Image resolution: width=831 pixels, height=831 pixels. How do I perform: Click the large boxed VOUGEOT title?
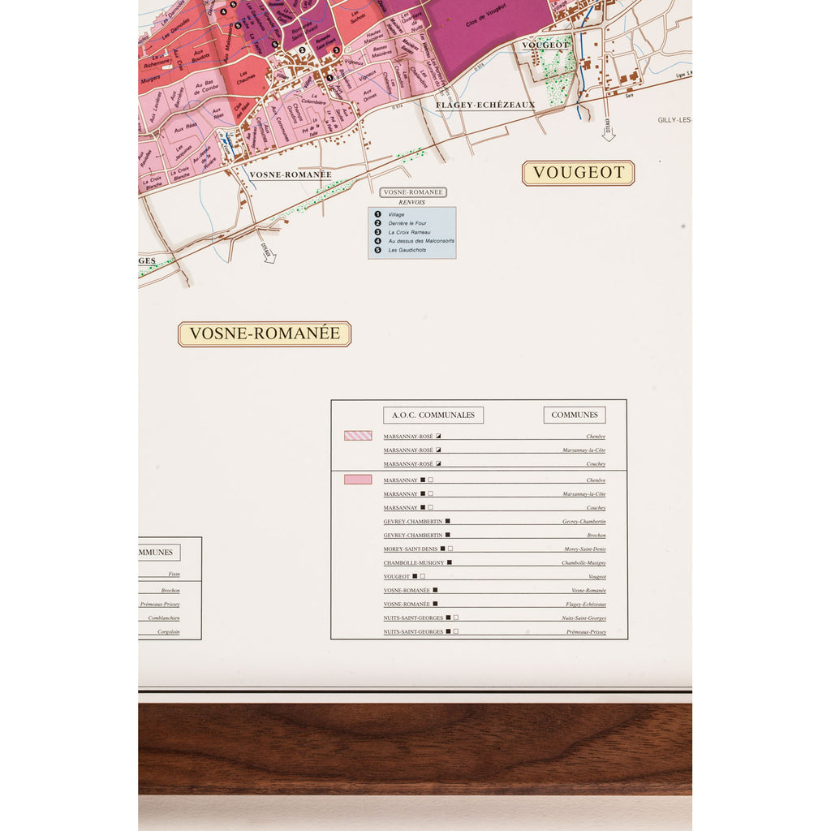[x=578, y=173]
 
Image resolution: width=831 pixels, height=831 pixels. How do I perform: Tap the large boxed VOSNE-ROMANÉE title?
[x=265, y=334]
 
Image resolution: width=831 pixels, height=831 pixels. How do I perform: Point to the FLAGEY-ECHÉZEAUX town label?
[x=485, y=105]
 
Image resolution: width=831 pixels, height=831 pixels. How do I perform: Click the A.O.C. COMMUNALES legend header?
[x=433, y=415]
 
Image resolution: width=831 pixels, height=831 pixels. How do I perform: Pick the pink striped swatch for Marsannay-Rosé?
[x=358, y=436]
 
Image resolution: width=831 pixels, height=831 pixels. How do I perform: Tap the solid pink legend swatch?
[x=358, y=480]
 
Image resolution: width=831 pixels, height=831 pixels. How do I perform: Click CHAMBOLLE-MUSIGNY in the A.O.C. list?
[x=414, y=562]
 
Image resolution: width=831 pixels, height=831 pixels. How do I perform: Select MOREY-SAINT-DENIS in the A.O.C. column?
[x=411, y=549]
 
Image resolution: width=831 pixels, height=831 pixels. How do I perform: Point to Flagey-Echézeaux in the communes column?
[x=584, y=605]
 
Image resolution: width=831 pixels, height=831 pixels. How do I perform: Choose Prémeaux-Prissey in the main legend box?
[x=586, y=631]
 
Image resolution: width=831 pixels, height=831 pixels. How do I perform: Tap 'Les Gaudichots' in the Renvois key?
[x=407, y=250]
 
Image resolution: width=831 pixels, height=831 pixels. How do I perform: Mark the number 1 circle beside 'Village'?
[x=378, y=214]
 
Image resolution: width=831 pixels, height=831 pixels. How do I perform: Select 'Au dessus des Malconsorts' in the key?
[x=421, y=241]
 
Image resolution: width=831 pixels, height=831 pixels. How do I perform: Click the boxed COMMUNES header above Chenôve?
[x=575, y=415]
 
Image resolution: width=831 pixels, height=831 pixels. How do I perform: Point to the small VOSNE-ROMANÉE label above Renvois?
[x=413, y=192]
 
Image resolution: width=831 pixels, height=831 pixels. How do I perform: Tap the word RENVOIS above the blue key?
[x=412, y=202]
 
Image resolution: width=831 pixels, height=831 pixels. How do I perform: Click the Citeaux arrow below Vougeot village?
[x=608, y=131]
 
